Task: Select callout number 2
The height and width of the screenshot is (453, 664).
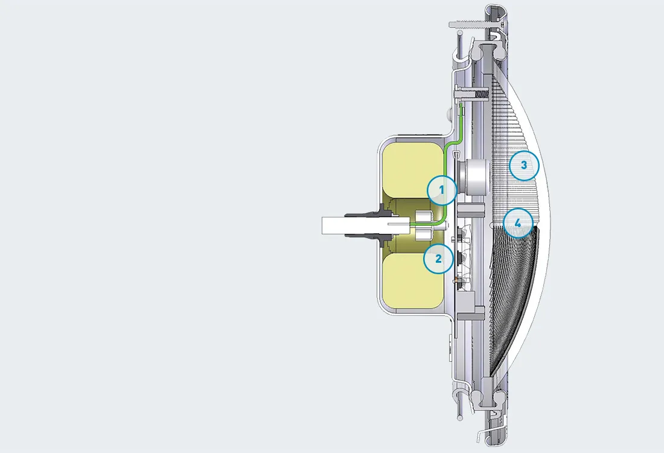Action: point(439,258)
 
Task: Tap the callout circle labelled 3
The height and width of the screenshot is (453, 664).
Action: point(524,165)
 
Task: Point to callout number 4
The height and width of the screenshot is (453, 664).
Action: point(518,223)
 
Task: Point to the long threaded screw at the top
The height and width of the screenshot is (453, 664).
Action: point(471,24)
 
